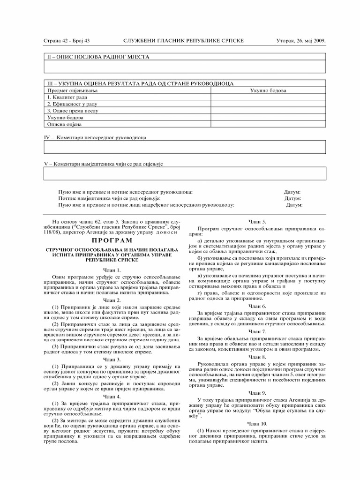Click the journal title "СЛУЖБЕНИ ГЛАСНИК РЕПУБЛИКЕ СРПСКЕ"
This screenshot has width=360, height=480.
tap(183, 41)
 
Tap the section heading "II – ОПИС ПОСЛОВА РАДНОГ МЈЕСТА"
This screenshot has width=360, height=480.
tap(97, 57)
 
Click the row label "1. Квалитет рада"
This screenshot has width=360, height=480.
tap(67, 97)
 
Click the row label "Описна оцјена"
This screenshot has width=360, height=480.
tap(65, 125)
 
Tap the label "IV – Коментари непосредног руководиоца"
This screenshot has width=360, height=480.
tap(95, 138)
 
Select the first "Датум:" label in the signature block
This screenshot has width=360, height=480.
tap(292, 192)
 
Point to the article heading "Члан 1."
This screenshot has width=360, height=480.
tap(112, 270)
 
